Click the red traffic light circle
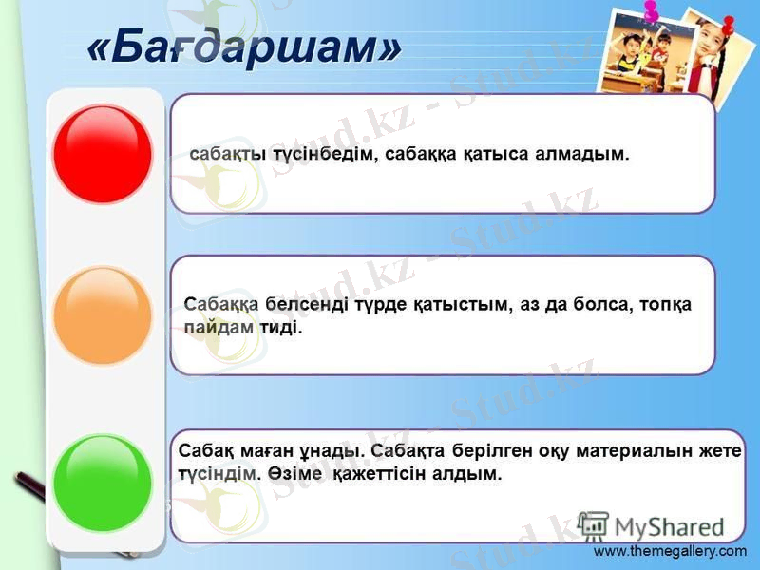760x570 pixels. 103,154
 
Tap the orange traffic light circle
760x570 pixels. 103,316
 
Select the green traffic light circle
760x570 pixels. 103,483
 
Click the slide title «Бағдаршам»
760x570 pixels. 244,45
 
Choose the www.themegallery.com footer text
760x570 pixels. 670,551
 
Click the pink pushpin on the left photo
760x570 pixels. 651,11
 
